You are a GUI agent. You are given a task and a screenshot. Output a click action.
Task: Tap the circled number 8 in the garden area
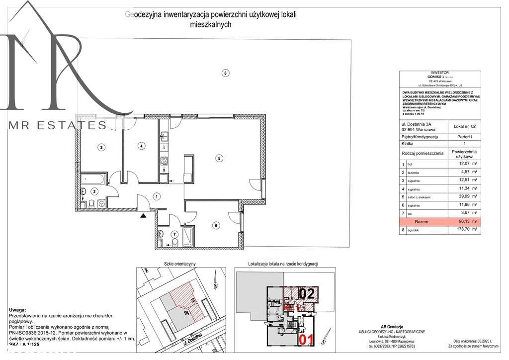225,74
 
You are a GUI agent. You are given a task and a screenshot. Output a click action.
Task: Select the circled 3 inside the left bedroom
101,147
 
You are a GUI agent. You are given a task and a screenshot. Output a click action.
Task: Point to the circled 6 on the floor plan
216,226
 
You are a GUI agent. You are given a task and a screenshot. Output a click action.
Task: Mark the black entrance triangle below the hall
144,215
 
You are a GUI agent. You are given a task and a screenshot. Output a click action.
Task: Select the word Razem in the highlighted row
421,222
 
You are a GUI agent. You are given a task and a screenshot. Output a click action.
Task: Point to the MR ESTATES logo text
58,125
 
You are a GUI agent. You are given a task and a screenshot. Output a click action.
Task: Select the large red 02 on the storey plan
307,293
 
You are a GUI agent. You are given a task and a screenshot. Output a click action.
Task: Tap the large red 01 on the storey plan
306,340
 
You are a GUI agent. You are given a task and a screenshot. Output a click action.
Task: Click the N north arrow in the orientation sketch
215,284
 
